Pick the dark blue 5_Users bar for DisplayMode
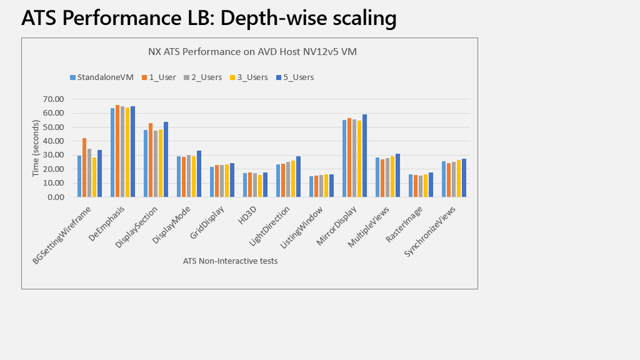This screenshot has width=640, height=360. pyautogui.click(x=199, y=174)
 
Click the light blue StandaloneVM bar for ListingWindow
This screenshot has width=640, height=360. pyautogui.click(x=311, y=186)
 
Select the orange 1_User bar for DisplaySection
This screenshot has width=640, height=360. pyautogui.click(x=151, y=160)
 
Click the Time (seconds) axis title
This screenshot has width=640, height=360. pyautogui.click(x=35, y=148)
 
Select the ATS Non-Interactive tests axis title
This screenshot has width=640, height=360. pyautogui.click(x=231, y=261)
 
